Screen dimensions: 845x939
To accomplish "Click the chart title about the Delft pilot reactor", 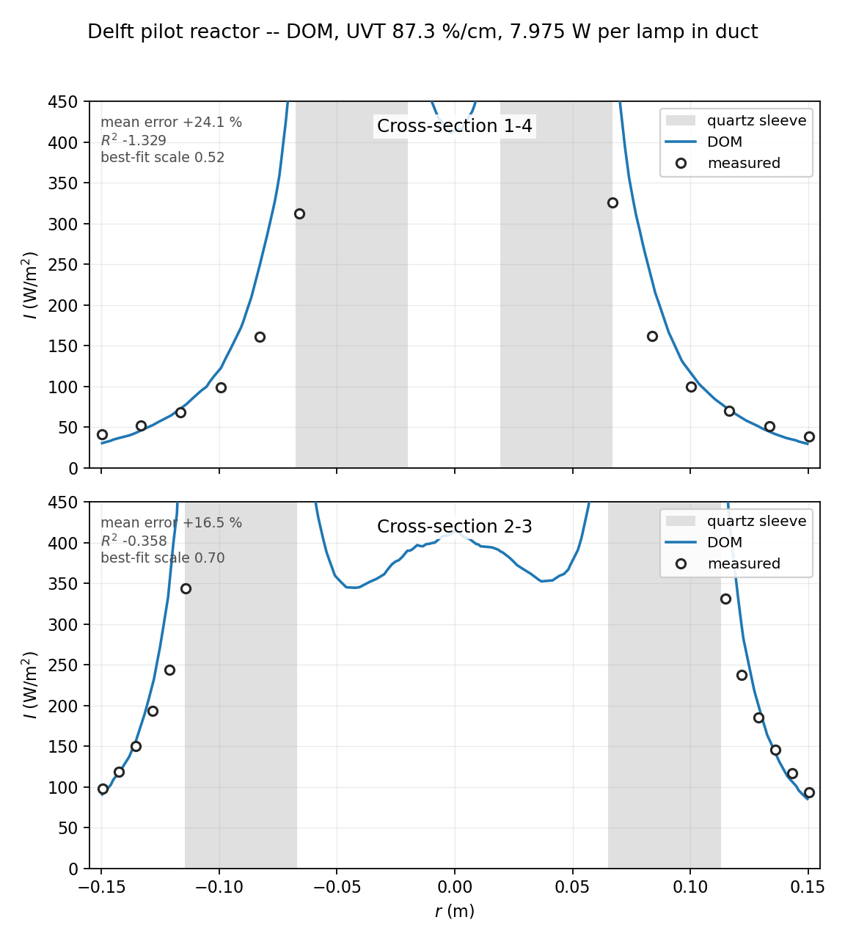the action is pyautogui.click(x=422, y=32).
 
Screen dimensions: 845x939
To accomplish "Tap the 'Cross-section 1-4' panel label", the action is pyautogui.click(x=455, y=126).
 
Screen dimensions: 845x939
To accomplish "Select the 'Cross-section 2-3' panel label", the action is pyautogui.click(x=455, y=527).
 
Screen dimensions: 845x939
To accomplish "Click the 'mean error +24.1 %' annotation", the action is pyautogui.click(x=172, y=123).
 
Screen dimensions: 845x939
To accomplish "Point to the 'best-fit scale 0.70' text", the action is pyautogui.click(x=162, y=558).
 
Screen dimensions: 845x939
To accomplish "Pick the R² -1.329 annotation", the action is pyautogui.click(x=133, y=140).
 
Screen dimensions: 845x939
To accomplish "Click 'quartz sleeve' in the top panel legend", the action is pyautogui.click(x=756, y=121).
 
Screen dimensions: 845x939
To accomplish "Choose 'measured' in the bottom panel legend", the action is pyautogui.click(x=744, y=563).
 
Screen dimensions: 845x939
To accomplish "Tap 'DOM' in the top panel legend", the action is pyautogui.click(x=725, y=142).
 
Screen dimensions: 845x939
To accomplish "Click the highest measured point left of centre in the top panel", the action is pyautogui.click(x=299, y=214).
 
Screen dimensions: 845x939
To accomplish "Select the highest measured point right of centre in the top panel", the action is pyautogui.click(x=612, y=202).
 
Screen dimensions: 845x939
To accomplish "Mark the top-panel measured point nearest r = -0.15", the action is pyautogui.click(x=102, y=434).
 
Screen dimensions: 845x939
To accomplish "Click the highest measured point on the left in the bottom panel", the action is pyautogui.click(x=186, y=588).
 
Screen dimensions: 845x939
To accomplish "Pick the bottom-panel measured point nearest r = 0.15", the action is pyautogui.click(x=809, y=792).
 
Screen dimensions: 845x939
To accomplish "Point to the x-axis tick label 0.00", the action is pyautogui.click(x=455, y=887).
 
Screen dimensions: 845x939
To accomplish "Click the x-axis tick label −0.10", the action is pyautogui.click(x=219, y=887).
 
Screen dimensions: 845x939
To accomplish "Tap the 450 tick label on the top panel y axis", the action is pyautogui.click(x=63, y=101).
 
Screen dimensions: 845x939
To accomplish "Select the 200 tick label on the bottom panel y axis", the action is pyautogui.click(x=63, y=706).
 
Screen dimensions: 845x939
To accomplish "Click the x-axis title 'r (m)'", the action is pyautogui.click(x=455, y=911).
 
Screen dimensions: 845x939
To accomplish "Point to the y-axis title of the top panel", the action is pyautogui.click(x=29, y=285).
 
